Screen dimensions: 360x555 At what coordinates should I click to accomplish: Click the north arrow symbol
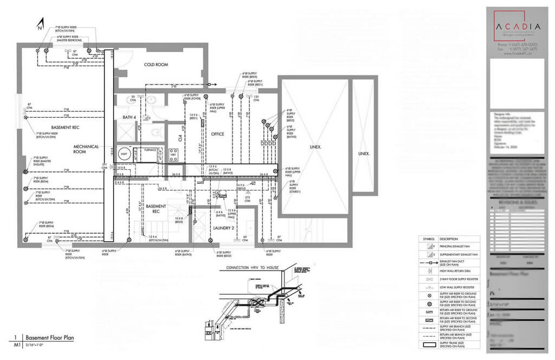(x=40, y=23)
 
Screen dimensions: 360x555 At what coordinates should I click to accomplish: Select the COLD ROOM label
(x=156, y=65)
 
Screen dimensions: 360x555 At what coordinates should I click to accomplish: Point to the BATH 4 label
(x=128, y=117)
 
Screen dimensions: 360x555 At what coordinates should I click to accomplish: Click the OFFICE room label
(x=217, y=134)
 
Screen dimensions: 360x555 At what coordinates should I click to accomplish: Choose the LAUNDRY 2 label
(x=223, y=228)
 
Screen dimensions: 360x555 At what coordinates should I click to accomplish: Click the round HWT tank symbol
(x=124, y=155)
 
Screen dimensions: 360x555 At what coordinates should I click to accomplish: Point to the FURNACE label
(x=150, y=150)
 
